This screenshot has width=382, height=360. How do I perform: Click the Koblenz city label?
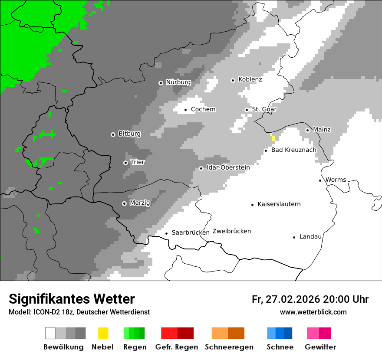click(x=250, y=80)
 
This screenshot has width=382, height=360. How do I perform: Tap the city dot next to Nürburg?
click(x=161, y=82)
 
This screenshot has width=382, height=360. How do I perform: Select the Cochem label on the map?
click(x=203, y=109)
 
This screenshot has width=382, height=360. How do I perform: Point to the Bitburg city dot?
click(x=113, y=134)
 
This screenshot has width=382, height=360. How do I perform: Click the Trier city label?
click(x=138, y=162)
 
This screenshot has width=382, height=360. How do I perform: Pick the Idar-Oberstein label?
click(x=228, y=168)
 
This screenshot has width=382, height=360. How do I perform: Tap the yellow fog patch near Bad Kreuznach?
click(x=273, y=137)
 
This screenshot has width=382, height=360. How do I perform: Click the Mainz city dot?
click(x=307, y=130)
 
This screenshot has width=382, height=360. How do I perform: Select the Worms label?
click(x=336, y=180)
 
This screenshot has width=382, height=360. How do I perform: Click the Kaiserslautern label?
click(x=279, y=204)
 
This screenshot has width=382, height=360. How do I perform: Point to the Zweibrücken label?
click(x=232, y=231)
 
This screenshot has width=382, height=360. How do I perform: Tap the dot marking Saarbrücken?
click(x=166, y=233)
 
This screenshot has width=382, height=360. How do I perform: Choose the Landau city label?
click(x=310, y=237)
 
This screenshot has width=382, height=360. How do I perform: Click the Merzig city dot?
click(x=124, y=203)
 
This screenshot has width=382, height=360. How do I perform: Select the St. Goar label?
click(x=264, y=109)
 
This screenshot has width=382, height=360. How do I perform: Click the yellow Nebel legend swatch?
click(x=103, y=333)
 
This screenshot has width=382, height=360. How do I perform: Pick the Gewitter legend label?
click(x=320, y=347)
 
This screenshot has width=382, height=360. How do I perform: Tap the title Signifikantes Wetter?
click(x=72, y=299)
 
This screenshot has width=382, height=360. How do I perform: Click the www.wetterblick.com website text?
click(x=313, y=312)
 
